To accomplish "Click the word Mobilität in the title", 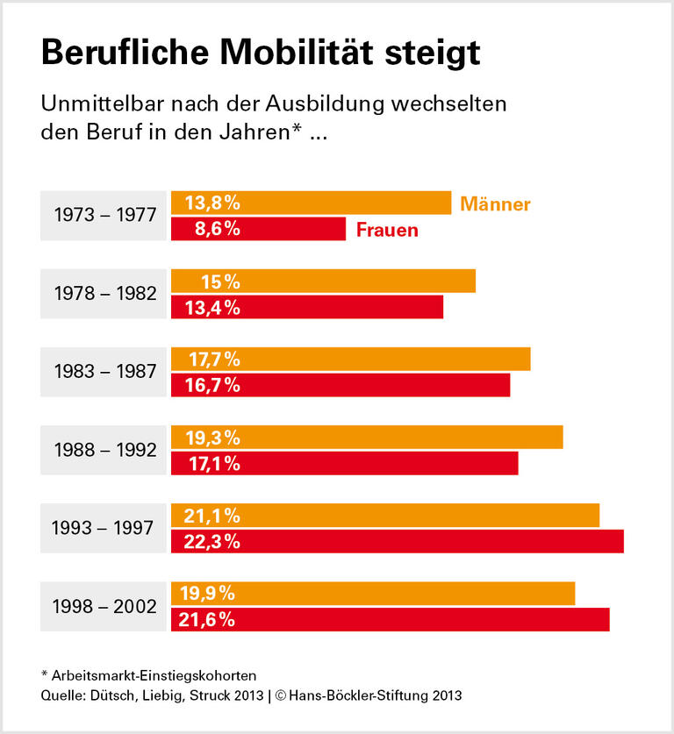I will [x=295, y=53].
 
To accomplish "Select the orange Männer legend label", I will [x=495, y=204].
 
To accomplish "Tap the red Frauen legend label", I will [x=387, y=231].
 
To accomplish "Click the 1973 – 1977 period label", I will [x=104, y=215].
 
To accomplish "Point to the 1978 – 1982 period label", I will [x=104, y=294].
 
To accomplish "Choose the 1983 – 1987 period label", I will [x=104, y=372].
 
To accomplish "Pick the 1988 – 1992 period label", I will [x=104, y=450].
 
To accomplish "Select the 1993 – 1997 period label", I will [x=104, y=528].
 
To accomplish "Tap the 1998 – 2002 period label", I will [x=104, y=606].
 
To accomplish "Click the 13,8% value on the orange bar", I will [x=212, y=203].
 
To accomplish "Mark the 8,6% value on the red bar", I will [x=212, y=230].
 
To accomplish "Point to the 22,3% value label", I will [x=212, y=542].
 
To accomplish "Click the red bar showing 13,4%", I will [x=351, y=307].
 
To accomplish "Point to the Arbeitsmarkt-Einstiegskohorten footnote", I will [x=148, y=675].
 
